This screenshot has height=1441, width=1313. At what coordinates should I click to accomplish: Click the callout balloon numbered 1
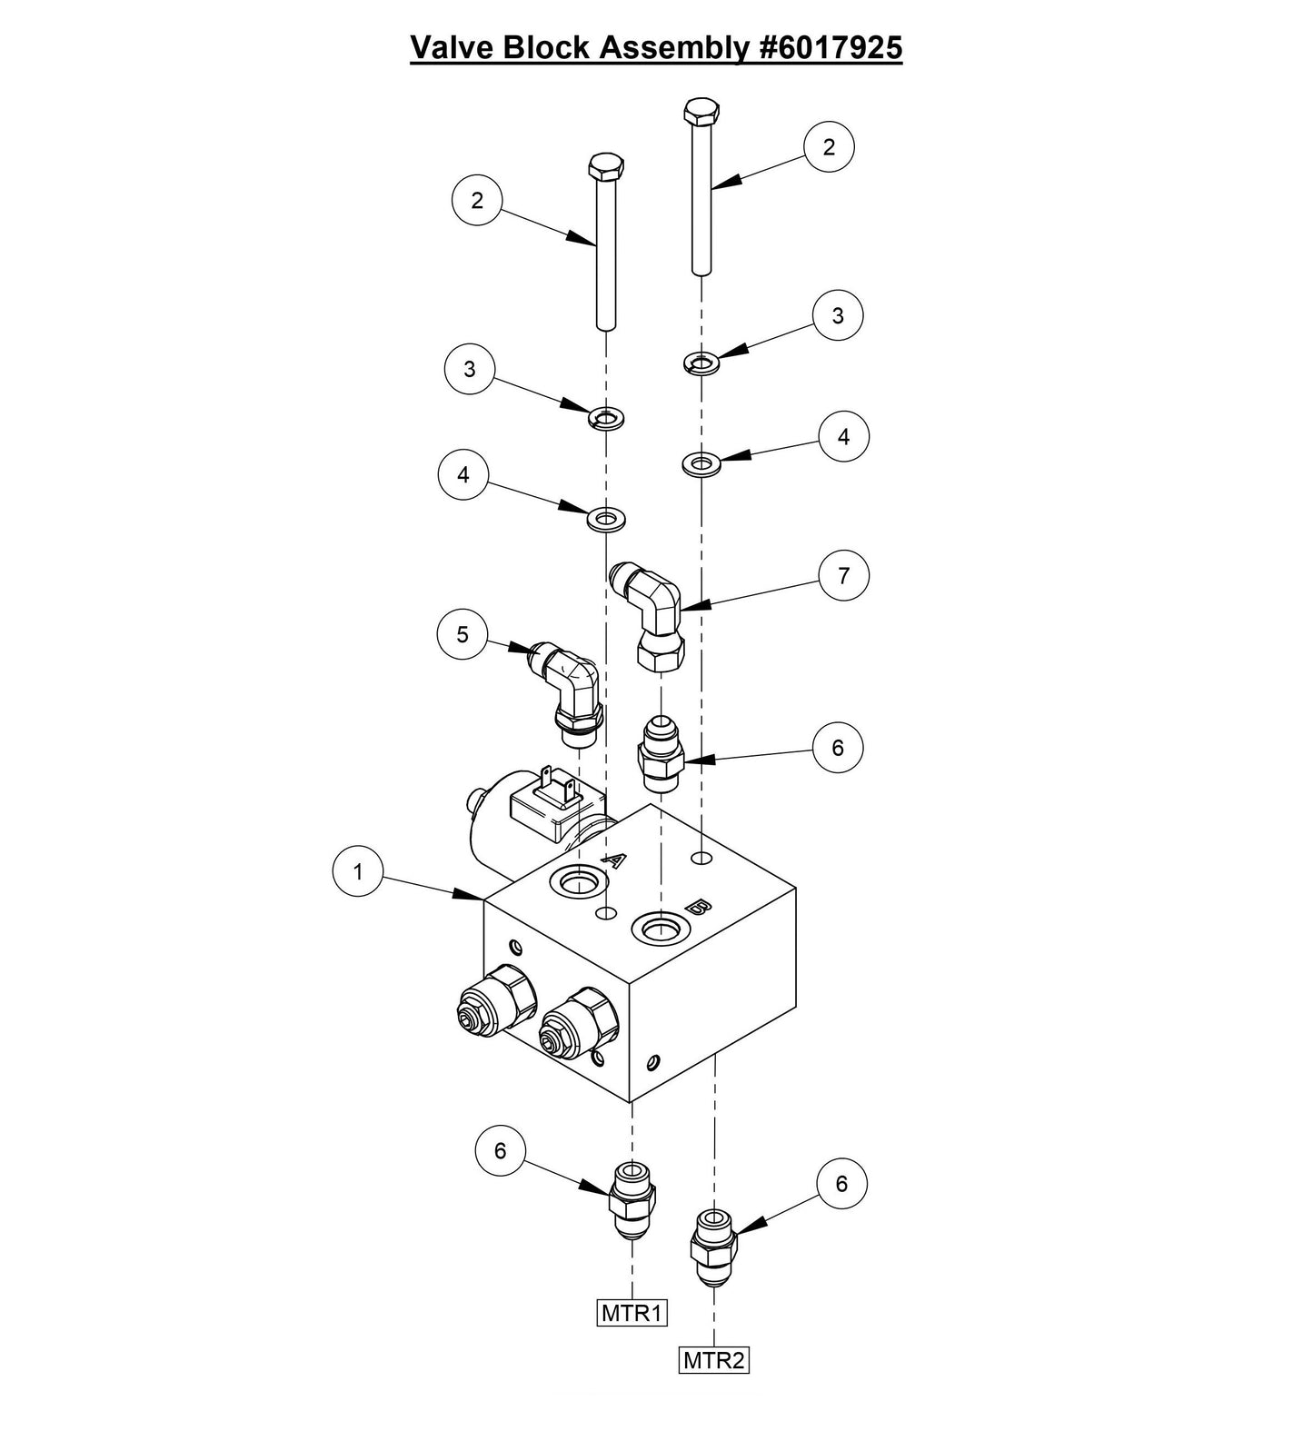(357, 871)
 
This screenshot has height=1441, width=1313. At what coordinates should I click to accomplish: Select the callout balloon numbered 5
(463, 634)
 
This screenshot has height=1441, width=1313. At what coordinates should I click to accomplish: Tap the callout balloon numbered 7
(843, 575)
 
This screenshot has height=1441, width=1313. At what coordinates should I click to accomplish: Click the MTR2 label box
(714, 1360)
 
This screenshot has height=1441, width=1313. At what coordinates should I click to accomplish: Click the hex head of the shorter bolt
(606, 165)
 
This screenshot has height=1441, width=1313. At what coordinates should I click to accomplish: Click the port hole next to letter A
(579, 880)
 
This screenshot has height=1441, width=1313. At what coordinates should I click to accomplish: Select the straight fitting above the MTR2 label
(713, 1245)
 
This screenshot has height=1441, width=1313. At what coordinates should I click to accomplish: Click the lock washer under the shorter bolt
(605, 418)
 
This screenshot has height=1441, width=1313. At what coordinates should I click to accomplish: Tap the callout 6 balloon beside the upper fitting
(837, 747)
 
